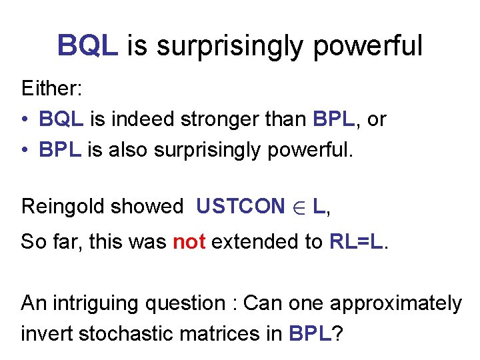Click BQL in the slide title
pos(88,46)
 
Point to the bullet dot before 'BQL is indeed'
pos(24,120)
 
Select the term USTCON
pos(240,207)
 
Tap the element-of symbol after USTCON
pos(297,207)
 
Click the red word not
pos(189,241)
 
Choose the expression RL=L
pos(357,241)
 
